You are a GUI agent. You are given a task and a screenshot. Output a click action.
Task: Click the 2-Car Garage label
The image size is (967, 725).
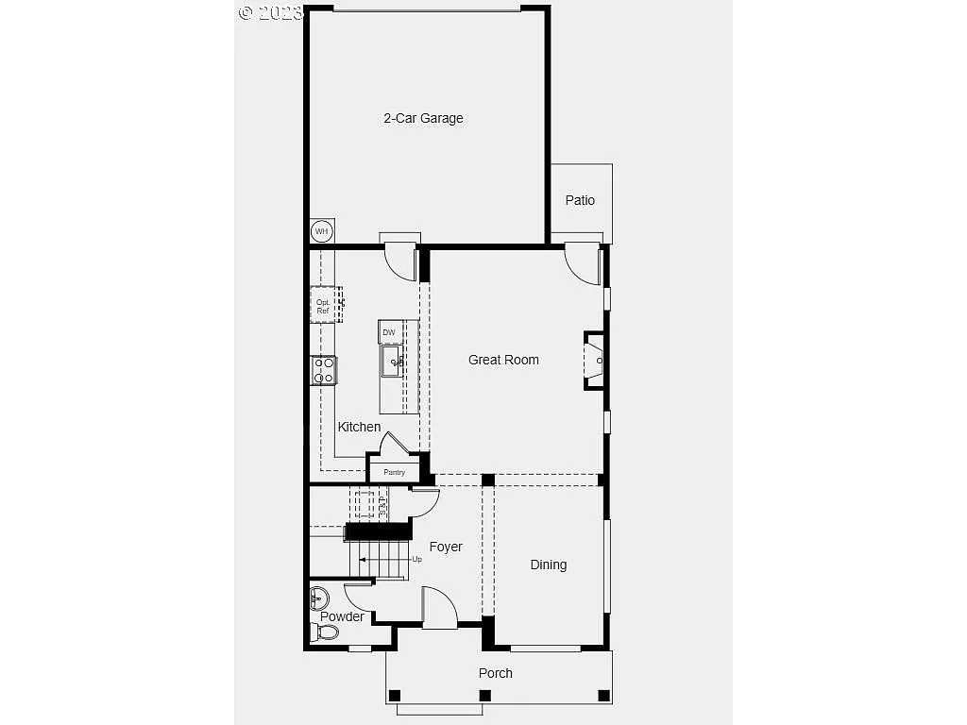[423, 118]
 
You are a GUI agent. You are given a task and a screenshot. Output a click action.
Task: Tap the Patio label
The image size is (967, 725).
[580, 200]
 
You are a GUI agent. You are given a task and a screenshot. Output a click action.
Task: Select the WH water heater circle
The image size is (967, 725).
[322, 231]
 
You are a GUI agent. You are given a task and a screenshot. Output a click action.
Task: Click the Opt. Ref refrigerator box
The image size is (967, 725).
[324, 306]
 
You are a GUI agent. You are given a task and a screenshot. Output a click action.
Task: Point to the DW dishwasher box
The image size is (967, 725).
[389, 332]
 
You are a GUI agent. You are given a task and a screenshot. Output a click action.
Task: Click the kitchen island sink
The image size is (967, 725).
[392, 361]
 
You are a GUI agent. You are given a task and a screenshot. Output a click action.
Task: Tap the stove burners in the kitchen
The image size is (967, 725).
[324, 369]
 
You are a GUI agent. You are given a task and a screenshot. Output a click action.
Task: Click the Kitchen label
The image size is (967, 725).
[359, 427]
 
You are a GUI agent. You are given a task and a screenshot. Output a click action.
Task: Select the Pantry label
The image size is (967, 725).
[394, 472]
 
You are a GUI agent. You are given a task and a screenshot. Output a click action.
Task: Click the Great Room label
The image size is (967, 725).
[503, 360]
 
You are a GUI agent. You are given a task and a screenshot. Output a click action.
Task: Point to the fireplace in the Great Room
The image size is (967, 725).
[594, 360]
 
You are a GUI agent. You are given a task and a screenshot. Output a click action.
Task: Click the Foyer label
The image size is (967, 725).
[446, 547]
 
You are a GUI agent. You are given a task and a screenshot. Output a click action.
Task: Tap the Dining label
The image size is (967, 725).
[548, 565]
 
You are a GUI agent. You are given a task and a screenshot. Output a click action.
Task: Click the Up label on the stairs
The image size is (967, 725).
[416, 559]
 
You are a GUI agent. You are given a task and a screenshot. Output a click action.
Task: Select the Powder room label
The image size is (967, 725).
[342, 616]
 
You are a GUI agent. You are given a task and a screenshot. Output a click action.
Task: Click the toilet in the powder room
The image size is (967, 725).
[318, 632]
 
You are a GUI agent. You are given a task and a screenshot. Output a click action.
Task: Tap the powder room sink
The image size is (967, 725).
[319, 598]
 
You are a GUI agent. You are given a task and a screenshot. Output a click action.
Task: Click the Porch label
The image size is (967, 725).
[495, 673]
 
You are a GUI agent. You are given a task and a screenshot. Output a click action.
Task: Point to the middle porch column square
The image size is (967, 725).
[485, 696]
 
